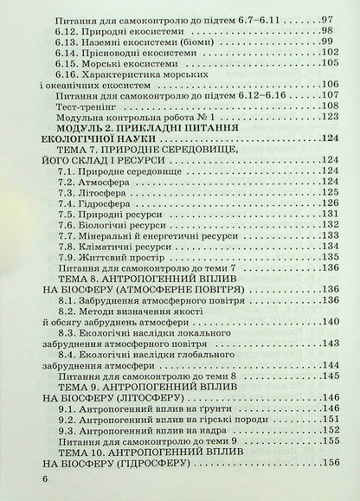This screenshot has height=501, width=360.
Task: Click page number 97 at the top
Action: [x=326, y=18]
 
